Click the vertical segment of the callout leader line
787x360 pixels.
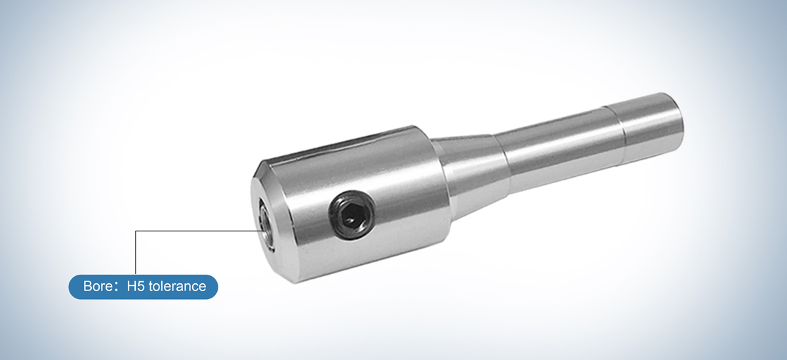(135, 252)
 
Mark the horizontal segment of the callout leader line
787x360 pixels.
(197, 231)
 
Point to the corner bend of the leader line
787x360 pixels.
(135, 231)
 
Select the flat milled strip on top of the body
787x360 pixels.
(341, 146)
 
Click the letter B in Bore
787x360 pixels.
(88, 287)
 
